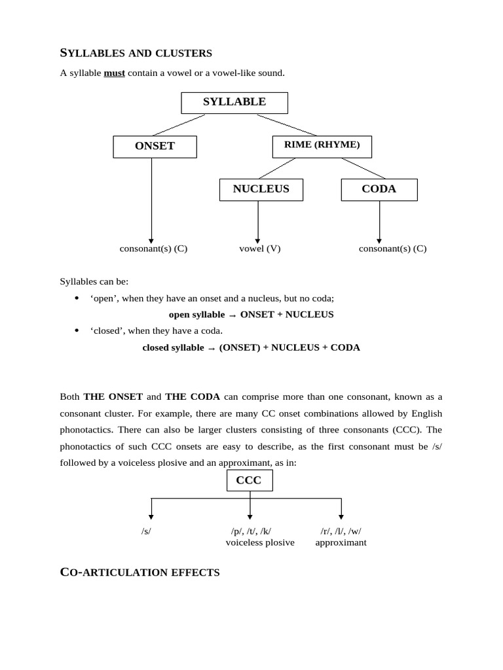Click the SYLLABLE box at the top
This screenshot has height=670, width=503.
click(x=234, y=103)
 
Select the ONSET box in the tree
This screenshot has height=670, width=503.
click(x=155, y=147)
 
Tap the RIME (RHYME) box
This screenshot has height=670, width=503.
click(x=322, y=146)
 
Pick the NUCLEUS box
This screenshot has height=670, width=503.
click(x=261, y=190)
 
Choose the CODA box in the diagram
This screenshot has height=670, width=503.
click(x=379, y=190)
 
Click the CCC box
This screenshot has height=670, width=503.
click(x=249, y=481)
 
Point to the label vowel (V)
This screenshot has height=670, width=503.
click(x=259, y=249)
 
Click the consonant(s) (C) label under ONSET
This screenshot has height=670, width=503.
click(x=153, y=249)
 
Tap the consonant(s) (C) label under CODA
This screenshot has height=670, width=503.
click(x=392, y=249)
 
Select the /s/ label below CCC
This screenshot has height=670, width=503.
click(x=146, y=531)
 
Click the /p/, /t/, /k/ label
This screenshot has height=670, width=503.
click(x=250, y=531)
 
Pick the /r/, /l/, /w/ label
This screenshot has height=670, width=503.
click(x=341, y=531)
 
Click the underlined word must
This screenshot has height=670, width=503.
click(x=114, y=73)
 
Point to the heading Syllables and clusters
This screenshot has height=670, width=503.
click(x=136, y=53)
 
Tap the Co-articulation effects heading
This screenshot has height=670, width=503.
click(x=140, y=573)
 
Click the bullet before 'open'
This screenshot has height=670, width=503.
click(x=77, y=298)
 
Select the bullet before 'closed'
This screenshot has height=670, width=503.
click(x=77, y=331)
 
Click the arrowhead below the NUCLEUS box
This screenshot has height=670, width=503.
click(x=257, y=241)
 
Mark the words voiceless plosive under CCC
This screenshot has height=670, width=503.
click(x=260, y=542)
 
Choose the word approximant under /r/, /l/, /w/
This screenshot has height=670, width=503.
click(x=341, y=542)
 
